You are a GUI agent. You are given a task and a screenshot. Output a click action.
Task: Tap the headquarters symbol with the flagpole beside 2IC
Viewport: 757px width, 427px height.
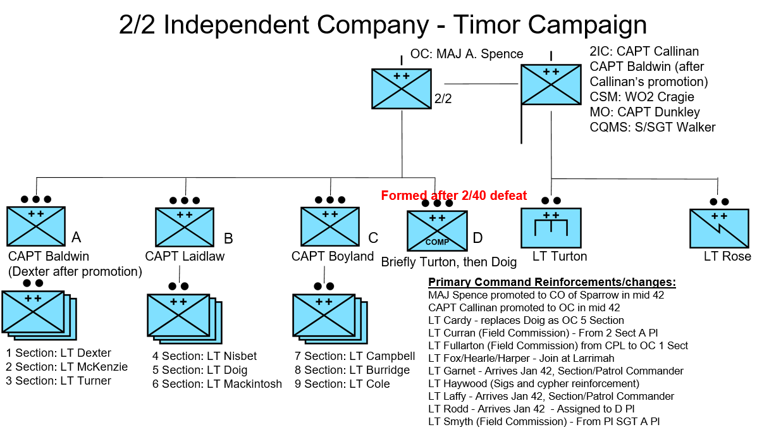[550, 85]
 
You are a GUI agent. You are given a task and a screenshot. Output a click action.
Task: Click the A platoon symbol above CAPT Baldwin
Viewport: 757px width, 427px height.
[36, 226]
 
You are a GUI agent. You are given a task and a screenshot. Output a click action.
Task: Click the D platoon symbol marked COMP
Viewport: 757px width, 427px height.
[436, 231]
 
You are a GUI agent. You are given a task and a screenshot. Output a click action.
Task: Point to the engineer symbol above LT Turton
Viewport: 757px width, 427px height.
[551, 228]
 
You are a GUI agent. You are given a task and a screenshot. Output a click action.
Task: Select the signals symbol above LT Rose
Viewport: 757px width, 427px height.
[719, 228]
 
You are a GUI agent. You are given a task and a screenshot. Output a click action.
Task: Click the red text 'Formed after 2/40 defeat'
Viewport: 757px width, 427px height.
[453, 195]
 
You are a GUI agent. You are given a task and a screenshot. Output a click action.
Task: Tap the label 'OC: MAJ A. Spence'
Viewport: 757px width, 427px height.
[467, 54]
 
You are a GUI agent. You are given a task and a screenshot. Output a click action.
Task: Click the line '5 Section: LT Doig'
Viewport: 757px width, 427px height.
[199, 370]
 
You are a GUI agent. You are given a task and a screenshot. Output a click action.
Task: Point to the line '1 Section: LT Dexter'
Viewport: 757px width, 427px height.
[58, 353]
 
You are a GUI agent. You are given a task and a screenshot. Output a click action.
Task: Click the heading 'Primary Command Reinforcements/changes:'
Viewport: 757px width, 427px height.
[552, 282]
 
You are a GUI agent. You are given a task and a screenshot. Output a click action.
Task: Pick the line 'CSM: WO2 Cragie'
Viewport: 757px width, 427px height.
[641, 97]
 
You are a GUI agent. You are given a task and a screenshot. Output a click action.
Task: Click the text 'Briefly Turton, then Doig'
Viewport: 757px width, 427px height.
[449, 262]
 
